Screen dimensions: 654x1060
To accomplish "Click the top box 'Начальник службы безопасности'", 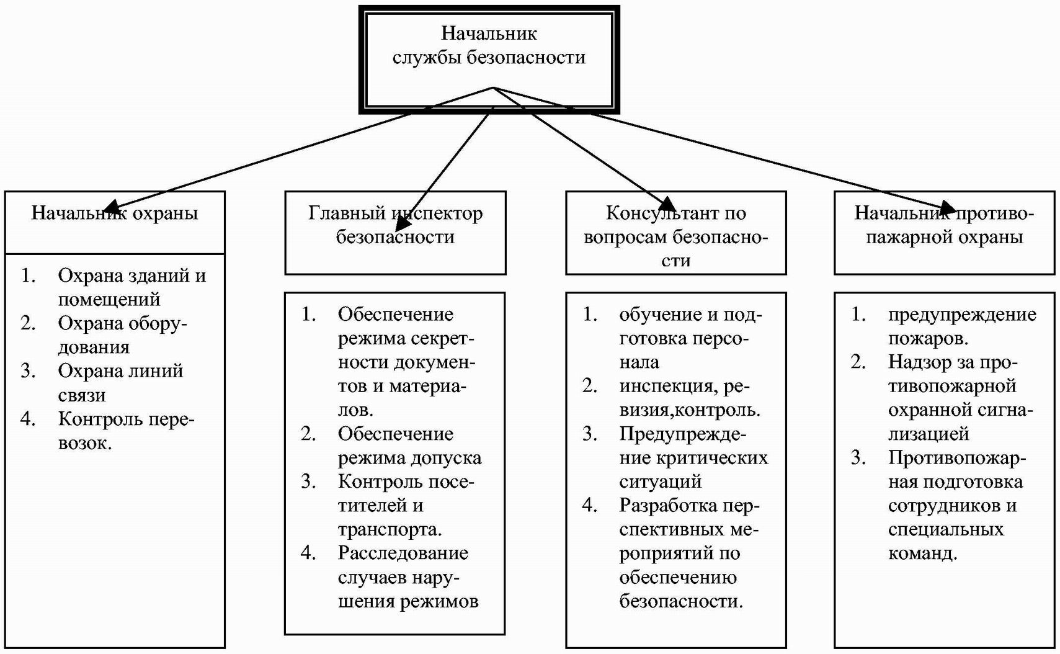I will click(x=489, y=46).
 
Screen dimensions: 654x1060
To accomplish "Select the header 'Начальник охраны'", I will click(x=115, y=214).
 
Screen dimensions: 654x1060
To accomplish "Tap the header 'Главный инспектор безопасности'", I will click(x=395, y=225).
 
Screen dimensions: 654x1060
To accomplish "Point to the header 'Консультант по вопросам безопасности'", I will click(x=675, y=236).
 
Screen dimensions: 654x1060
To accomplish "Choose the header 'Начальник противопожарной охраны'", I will click(x=944, y=225).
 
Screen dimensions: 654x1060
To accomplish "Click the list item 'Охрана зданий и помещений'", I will click(x=131, y=287).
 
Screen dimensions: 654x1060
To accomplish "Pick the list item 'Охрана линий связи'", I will click(x=120, y=383).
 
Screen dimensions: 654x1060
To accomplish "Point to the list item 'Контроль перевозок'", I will click(x=126, y=431).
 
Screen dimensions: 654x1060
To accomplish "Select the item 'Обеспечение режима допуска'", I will click(x=409, y=446).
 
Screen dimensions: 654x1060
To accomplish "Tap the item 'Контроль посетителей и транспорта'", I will click(x=405, y=505).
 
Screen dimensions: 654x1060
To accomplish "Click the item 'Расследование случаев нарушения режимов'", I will click(x=408, y=577).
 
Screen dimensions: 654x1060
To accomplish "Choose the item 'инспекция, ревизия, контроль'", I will click(x=689, y=398).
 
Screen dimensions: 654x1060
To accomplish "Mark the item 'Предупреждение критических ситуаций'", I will click(x=693, y=457).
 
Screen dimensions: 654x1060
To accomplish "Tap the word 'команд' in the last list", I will click(x=922, y=553).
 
